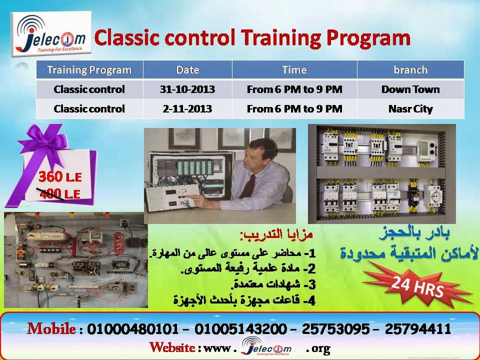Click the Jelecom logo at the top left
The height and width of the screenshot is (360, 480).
pyautogui.click(x=51, y=33)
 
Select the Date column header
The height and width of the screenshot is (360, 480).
pyautogui.click(x=187, y=70)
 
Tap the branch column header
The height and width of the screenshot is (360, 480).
pyautogui.click(x=410, y=70)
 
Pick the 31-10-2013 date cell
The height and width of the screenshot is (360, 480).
pyautogui.click(x=187, y=89)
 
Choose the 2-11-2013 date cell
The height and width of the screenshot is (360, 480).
pyautogui.click(x=187, y=108)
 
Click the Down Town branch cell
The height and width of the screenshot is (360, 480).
pyautogui.click(x=410, y=89)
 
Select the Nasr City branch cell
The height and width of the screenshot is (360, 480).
pyautogui.click(x=410, y=109)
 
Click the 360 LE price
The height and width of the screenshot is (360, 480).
pyautogui.click(x=60, y=177)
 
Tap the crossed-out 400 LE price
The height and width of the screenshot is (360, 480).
pyautogui.click(x=59, y=194)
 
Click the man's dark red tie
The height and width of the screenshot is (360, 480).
pyautogui.click(x=248, y=186)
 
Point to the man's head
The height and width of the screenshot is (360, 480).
pyautogui.click(x=261, y=152)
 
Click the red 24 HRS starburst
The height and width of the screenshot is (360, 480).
pyautogui.click(x=418, y=287)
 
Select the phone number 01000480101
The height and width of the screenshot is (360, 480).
pyautogui.click(x=132, y=329)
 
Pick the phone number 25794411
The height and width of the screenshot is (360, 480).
pyautogui.click(x=418, y=329)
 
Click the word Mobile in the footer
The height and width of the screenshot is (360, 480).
pyautogui.click(x=51, y=329)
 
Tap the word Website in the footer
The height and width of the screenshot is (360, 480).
pyautogui.click(x=172, y=347)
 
